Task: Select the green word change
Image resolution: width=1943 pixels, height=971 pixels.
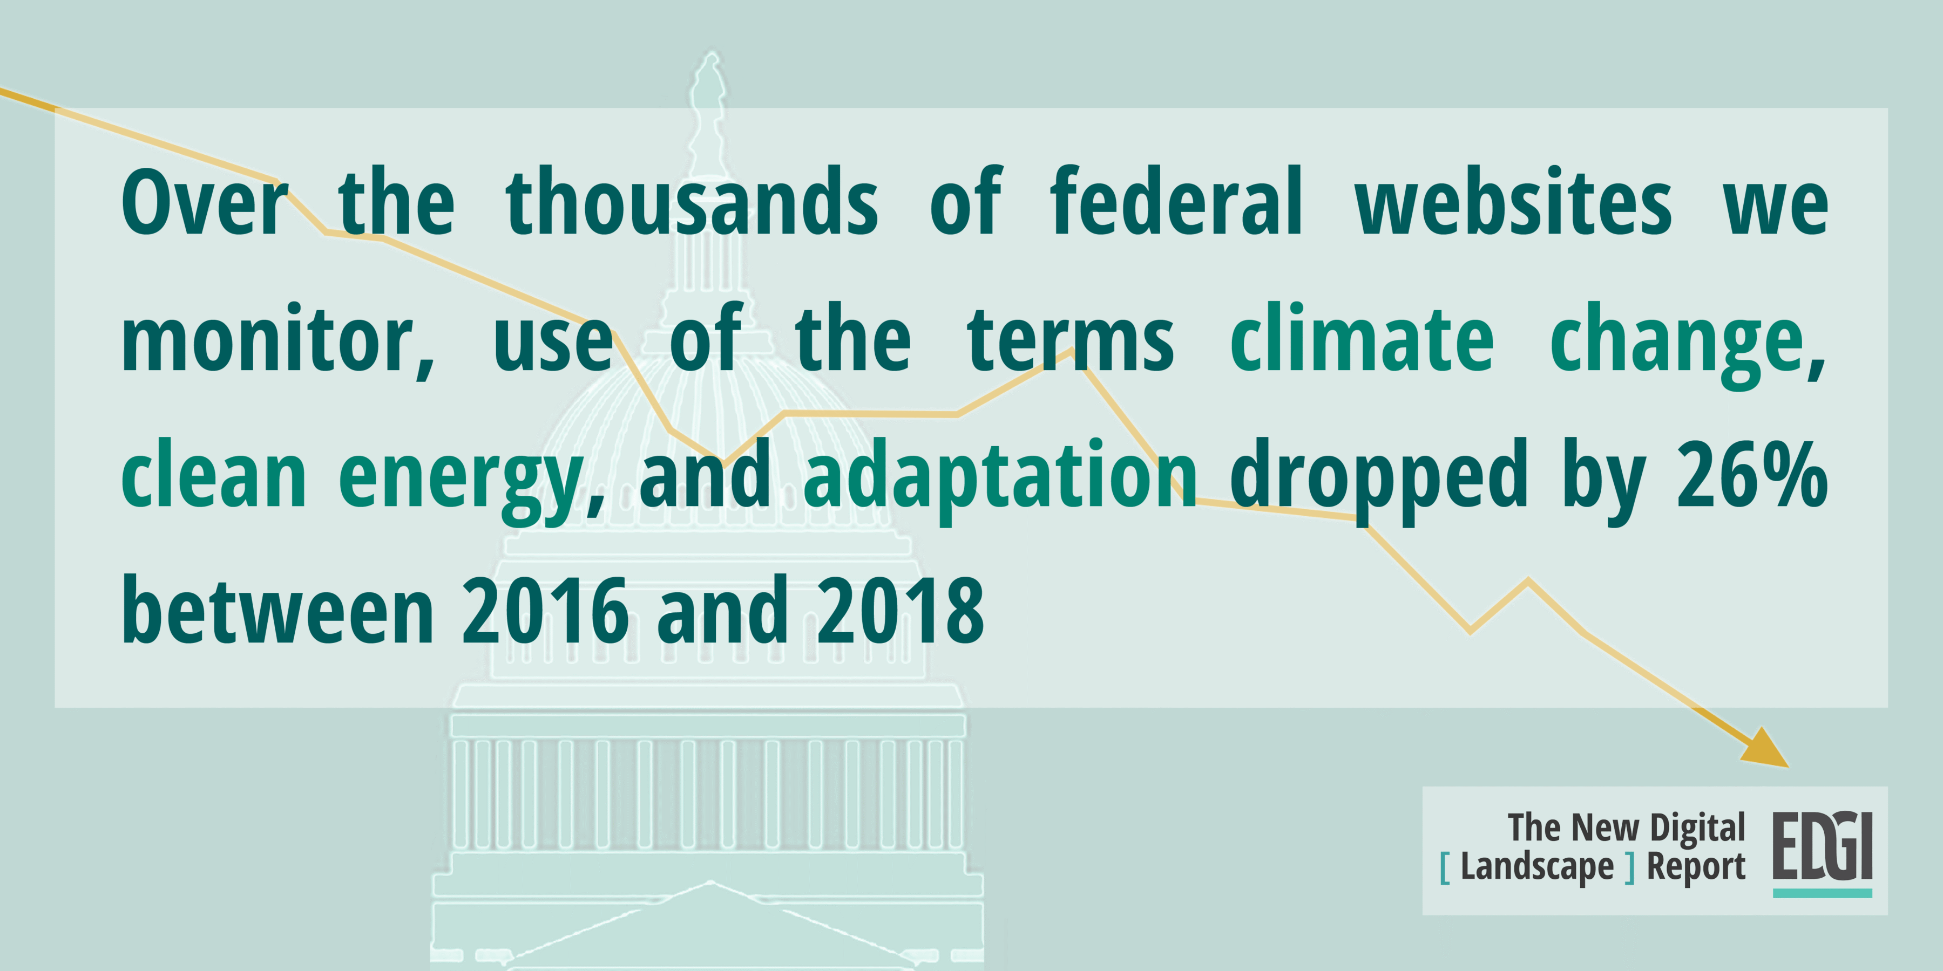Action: pyautogui.click(x=1687, y=344)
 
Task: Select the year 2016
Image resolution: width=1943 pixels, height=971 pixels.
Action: pyautogui.click(x=545, y=610)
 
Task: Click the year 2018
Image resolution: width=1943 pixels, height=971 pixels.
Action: pyautogui.click(x=901, y=610)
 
